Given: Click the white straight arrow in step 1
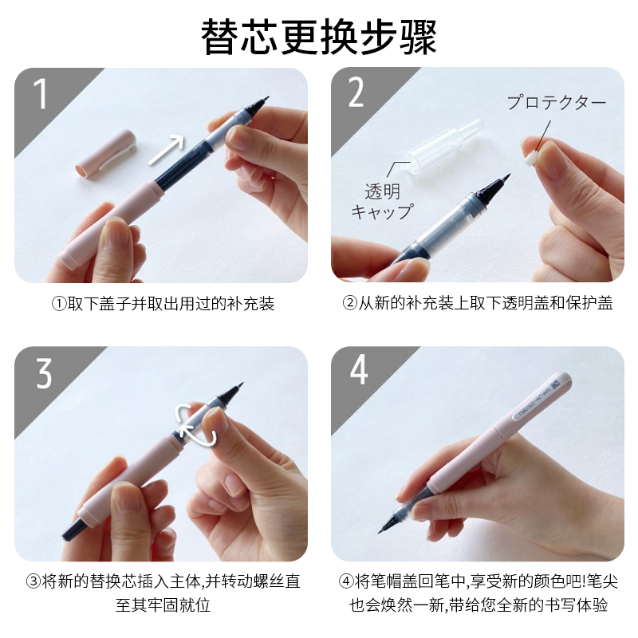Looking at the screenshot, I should [x=166, y=149].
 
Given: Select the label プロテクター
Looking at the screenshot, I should [x=557, y=103].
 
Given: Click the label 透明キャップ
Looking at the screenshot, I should [x=381, y=201].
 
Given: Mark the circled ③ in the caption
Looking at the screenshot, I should [x=33, y=581].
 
